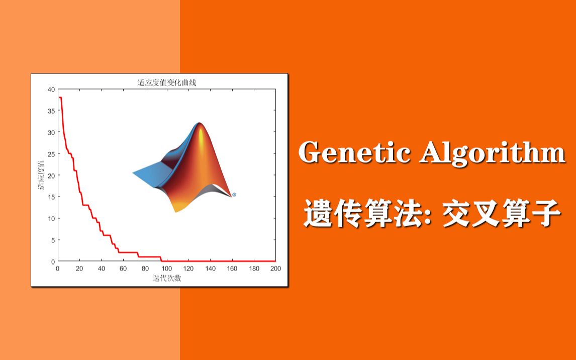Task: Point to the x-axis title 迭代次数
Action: (166, 278)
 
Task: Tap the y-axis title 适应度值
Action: (41, 175)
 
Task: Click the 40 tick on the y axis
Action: (51, 89)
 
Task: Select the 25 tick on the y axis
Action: (51, 154)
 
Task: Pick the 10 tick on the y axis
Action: (51, 219)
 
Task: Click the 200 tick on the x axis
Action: (275, 268)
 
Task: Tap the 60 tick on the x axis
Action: (123, 268)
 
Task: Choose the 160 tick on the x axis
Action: (232, 268)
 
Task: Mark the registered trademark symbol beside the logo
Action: (234, 195)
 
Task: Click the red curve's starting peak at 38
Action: (60, 98)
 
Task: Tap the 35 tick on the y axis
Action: (51, 111)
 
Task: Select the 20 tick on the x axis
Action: (79, 268)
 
